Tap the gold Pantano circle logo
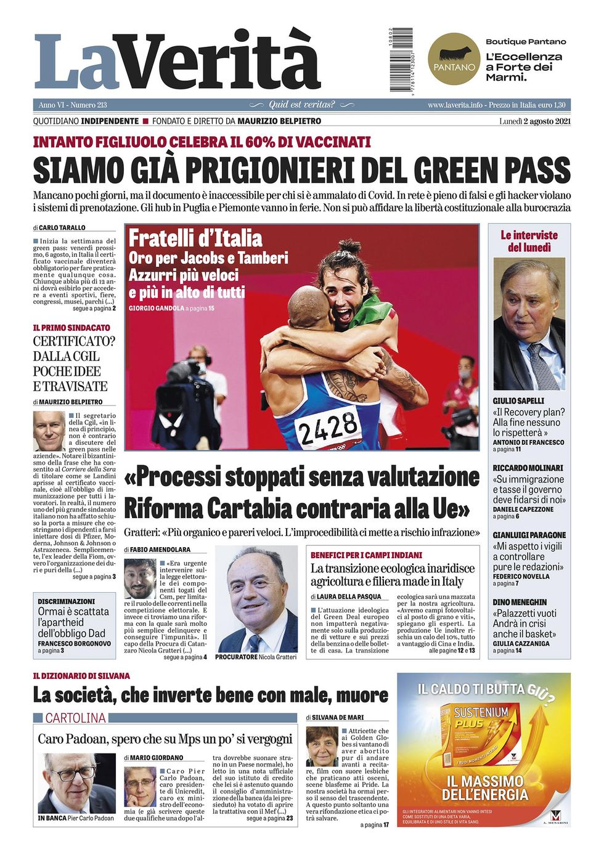[454, 59]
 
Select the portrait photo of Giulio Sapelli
[529, 324]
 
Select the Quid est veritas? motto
[301, 105]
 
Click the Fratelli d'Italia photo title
[195, 238]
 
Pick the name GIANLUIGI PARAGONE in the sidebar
[529, 535]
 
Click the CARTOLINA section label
[75, 718]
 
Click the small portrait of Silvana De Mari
[322, 746]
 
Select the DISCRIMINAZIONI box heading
[67, 601]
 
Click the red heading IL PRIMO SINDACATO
[71, 328]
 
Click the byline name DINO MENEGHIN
[520, 602]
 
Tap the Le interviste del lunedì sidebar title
[529, 242]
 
